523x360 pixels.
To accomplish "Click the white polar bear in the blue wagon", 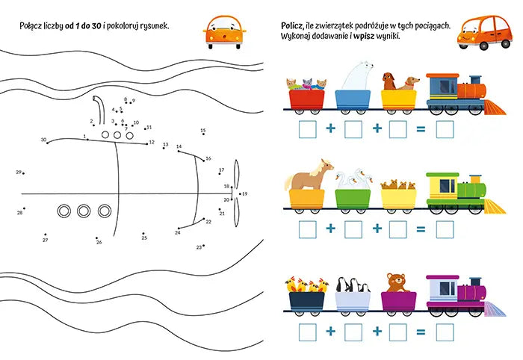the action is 357,76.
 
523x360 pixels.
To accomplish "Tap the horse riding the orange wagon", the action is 309,175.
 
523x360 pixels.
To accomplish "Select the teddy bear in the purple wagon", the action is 396,283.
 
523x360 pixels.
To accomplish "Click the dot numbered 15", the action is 203,134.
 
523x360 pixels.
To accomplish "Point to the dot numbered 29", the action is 23,173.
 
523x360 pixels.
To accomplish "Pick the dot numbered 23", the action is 203,246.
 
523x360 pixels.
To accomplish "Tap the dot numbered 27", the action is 46,235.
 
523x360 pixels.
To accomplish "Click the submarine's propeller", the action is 236,193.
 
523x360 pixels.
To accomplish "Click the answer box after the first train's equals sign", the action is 445,129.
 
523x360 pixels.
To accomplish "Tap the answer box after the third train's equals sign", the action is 445,332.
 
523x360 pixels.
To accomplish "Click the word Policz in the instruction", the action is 292,26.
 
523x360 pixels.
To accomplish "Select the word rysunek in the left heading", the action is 155,26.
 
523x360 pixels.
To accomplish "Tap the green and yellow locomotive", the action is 465,193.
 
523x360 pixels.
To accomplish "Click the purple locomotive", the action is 465,296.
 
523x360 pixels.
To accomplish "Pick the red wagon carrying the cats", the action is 306,100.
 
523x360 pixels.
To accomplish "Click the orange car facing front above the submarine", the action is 224,32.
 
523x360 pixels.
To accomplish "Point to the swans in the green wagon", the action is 353,179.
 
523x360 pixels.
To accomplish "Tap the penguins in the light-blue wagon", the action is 353,285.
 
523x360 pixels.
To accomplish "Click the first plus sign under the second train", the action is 330,229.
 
